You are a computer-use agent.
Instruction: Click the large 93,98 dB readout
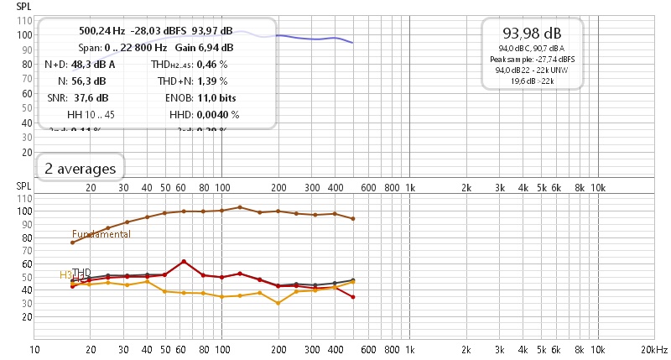tap(532, 34)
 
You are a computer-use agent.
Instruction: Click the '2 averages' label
tap(81, 169)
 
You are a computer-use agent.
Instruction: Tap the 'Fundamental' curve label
tap(101, 234)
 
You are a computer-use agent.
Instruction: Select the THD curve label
tap(81, 273)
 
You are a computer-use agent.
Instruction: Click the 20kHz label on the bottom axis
tap(653, 348)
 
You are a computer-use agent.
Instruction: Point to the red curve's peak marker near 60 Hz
tap(184, 262)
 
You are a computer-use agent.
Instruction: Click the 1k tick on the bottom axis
tap(410, 348)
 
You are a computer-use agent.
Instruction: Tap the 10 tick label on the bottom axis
tap(35, 348)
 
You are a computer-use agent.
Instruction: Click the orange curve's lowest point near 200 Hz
tap(278, 303)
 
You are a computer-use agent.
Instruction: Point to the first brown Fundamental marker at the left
tap(73, 243)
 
